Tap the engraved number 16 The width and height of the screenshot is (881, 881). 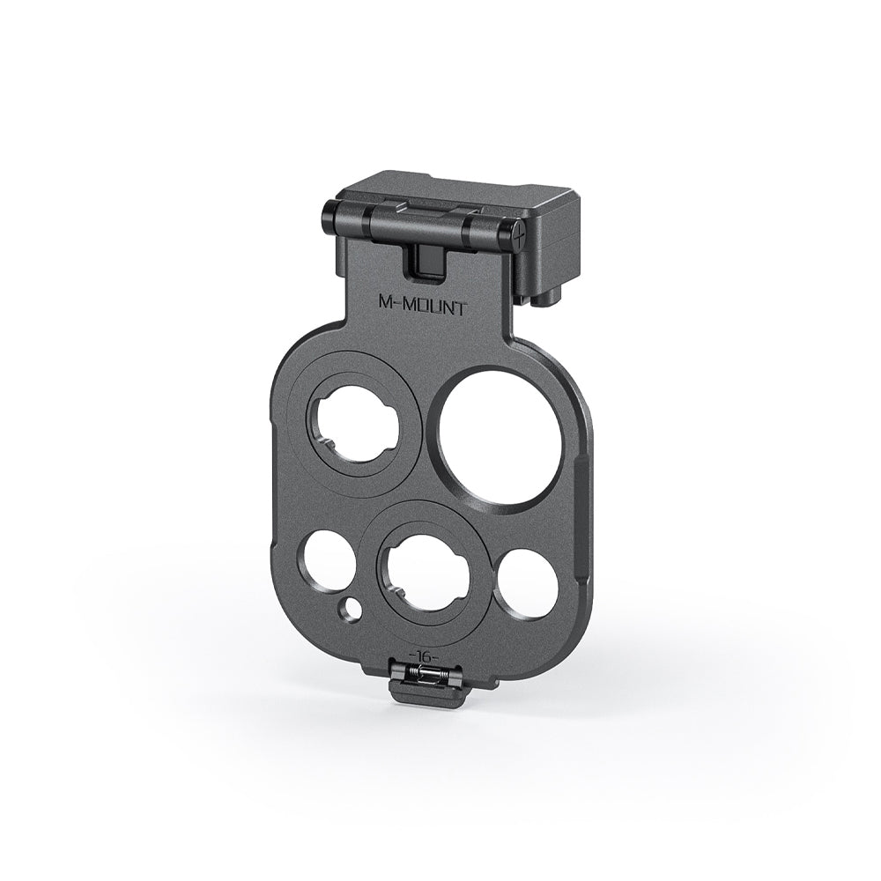pyautogui.click(x=424, y=657)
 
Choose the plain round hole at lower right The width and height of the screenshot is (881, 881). pyautogui.click(x=526, y=581)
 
